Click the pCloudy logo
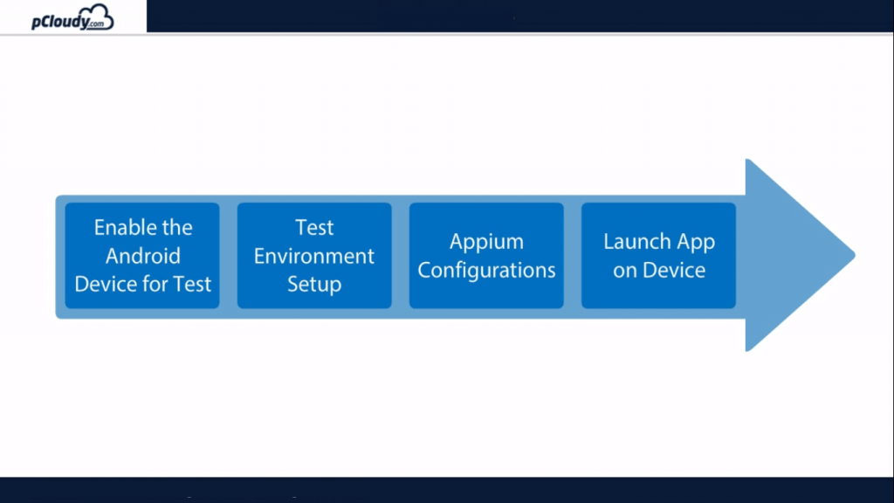(x=72, y=17)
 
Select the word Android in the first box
(x=143, y=256)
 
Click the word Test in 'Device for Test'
(x=192, y=284)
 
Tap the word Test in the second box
(x=314, y=228)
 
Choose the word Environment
(x=314, y=256)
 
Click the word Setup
(x=314, y=284)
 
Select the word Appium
(x=486, y=242)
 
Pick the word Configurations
(x=486, y=270)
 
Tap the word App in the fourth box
(x=696, y=243)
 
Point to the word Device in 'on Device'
(x=671, y=270)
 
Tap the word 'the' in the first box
(x=177, y=228)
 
